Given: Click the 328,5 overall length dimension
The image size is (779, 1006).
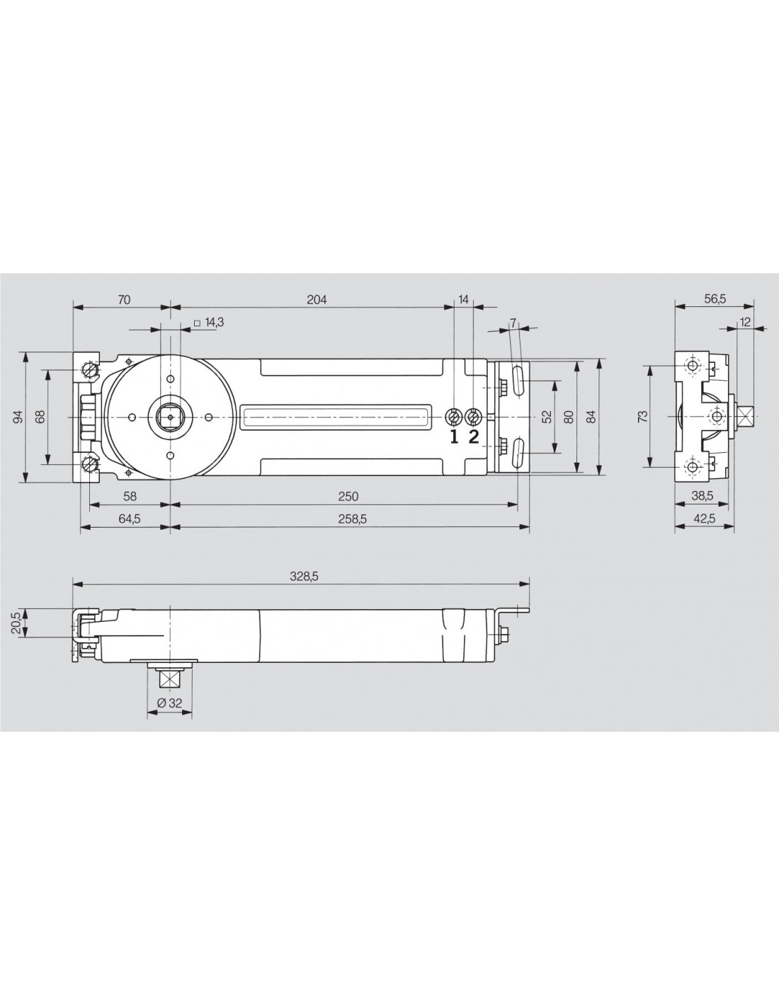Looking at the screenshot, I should tap(305, 577).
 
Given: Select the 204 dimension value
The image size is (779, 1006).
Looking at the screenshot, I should tap(317, 300).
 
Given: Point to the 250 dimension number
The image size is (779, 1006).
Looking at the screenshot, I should tap(348, 496).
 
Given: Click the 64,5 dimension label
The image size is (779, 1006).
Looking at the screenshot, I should tap(129, 519).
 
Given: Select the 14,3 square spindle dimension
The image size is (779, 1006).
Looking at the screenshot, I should tap(210, 322).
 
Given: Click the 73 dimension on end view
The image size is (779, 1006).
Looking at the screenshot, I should tap(642, 417).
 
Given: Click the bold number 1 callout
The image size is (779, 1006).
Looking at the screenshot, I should tap(454, 436).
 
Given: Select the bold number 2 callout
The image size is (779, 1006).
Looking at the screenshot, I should tap(474, 436).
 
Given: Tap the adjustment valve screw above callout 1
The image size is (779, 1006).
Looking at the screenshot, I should tap(454, 417).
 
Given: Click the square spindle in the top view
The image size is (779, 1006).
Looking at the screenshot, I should tap(170, 417).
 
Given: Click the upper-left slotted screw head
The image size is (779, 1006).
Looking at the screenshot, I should tap(89, 369).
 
